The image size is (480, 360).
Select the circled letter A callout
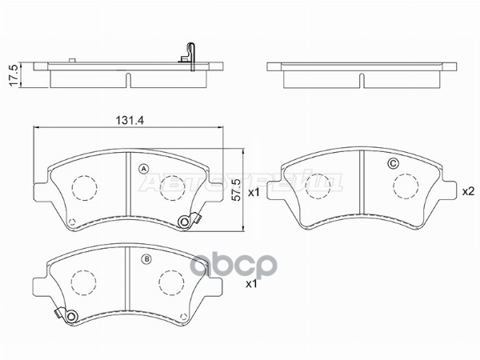tap(144, 168)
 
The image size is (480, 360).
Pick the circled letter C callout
tap(392, 164)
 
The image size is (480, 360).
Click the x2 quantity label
tap(469, 191)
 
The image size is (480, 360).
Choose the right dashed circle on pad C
tap(406, 184)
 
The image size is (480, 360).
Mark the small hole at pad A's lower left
tap(71, 224)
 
